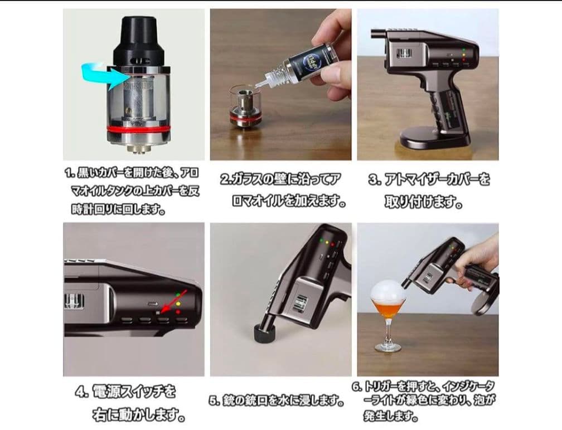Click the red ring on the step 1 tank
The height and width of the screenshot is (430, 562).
tap(138, 128)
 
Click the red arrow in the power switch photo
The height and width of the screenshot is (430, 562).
tap(173, 302)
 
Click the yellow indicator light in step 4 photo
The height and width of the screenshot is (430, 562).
tap(178, 304)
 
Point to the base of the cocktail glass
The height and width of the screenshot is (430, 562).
tap(388, 347)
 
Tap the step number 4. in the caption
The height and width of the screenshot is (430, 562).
tap(82, 392)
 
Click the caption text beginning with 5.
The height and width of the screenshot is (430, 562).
tap(277, 400)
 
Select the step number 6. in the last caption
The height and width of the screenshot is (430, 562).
tap(357, 387)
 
